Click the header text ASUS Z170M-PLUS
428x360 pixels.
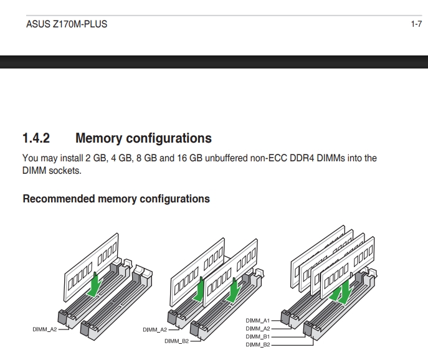click(67, 24)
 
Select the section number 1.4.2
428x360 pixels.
click(36, 138)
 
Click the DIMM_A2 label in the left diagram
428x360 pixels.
click(44, 329)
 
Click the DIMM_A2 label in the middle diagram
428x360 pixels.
click(155, 329)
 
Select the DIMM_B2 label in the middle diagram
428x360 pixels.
click(176, 341)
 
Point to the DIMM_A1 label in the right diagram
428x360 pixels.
click(258, 321)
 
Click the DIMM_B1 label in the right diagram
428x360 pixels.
click(258, 336)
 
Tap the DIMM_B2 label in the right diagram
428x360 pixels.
click(258, 344)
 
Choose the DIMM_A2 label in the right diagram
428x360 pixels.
click(258, 328)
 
